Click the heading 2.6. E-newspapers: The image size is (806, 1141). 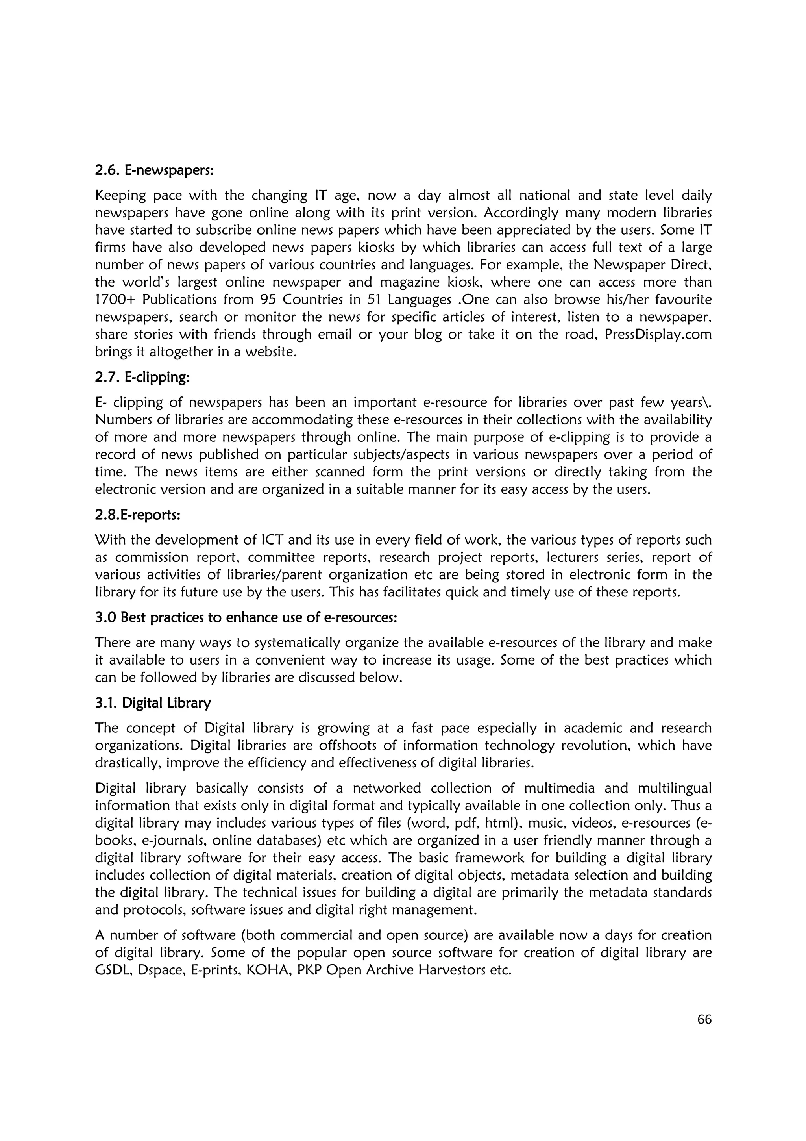point(154,170)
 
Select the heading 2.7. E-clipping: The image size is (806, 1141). point(142,377)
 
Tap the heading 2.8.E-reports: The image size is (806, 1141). point(138,515)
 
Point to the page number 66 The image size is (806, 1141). point(704,1019)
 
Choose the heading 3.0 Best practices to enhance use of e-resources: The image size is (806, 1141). point(246,617)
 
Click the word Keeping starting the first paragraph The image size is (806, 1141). point(120,195)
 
